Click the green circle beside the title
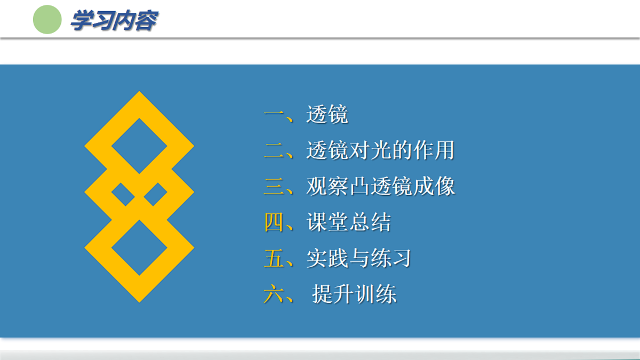tap(47, 19)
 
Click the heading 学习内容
tap(114, 21)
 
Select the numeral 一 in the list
tap(275, 114)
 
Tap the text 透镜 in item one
tap(327, 114)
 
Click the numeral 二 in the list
tap(275, 150)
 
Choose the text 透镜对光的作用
tap(380, 150)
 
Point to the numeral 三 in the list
tap(275, 187)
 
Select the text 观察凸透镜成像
tap(380, 187)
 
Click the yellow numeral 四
tap(274, 222)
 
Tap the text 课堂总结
tap(348, 222)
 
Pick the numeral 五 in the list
tap(274, 258)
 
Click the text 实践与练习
tap(358, 258)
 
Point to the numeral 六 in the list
tap(274, 294)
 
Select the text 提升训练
tap(354, 294)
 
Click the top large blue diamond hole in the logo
tap(139, 146)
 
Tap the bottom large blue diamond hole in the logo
tap(139, 247)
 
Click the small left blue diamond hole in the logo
tap(123, 194)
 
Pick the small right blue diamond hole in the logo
tap(156, 194)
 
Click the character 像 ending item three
tap(444, 187)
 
